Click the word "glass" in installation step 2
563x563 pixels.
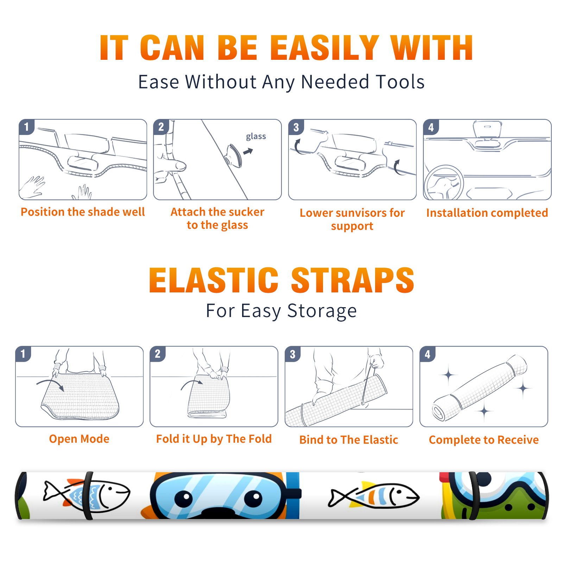click(256, 137)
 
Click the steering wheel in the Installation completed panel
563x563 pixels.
click(444, 183)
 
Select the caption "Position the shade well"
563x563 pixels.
click(83, 212)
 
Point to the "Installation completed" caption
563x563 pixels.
click(487, 213)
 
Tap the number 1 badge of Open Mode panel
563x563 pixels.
click(24, 354)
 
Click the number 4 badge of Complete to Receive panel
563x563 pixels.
click(428, 354)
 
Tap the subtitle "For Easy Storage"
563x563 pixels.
click(281, 311)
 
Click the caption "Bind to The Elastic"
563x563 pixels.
click(349, 440)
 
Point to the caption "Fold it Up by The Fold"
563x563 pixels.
click(214, 439)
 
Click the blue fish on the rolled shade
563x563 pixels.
click(86, 495)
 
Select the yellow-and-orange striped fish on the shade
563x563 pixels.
click(374, 495)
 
